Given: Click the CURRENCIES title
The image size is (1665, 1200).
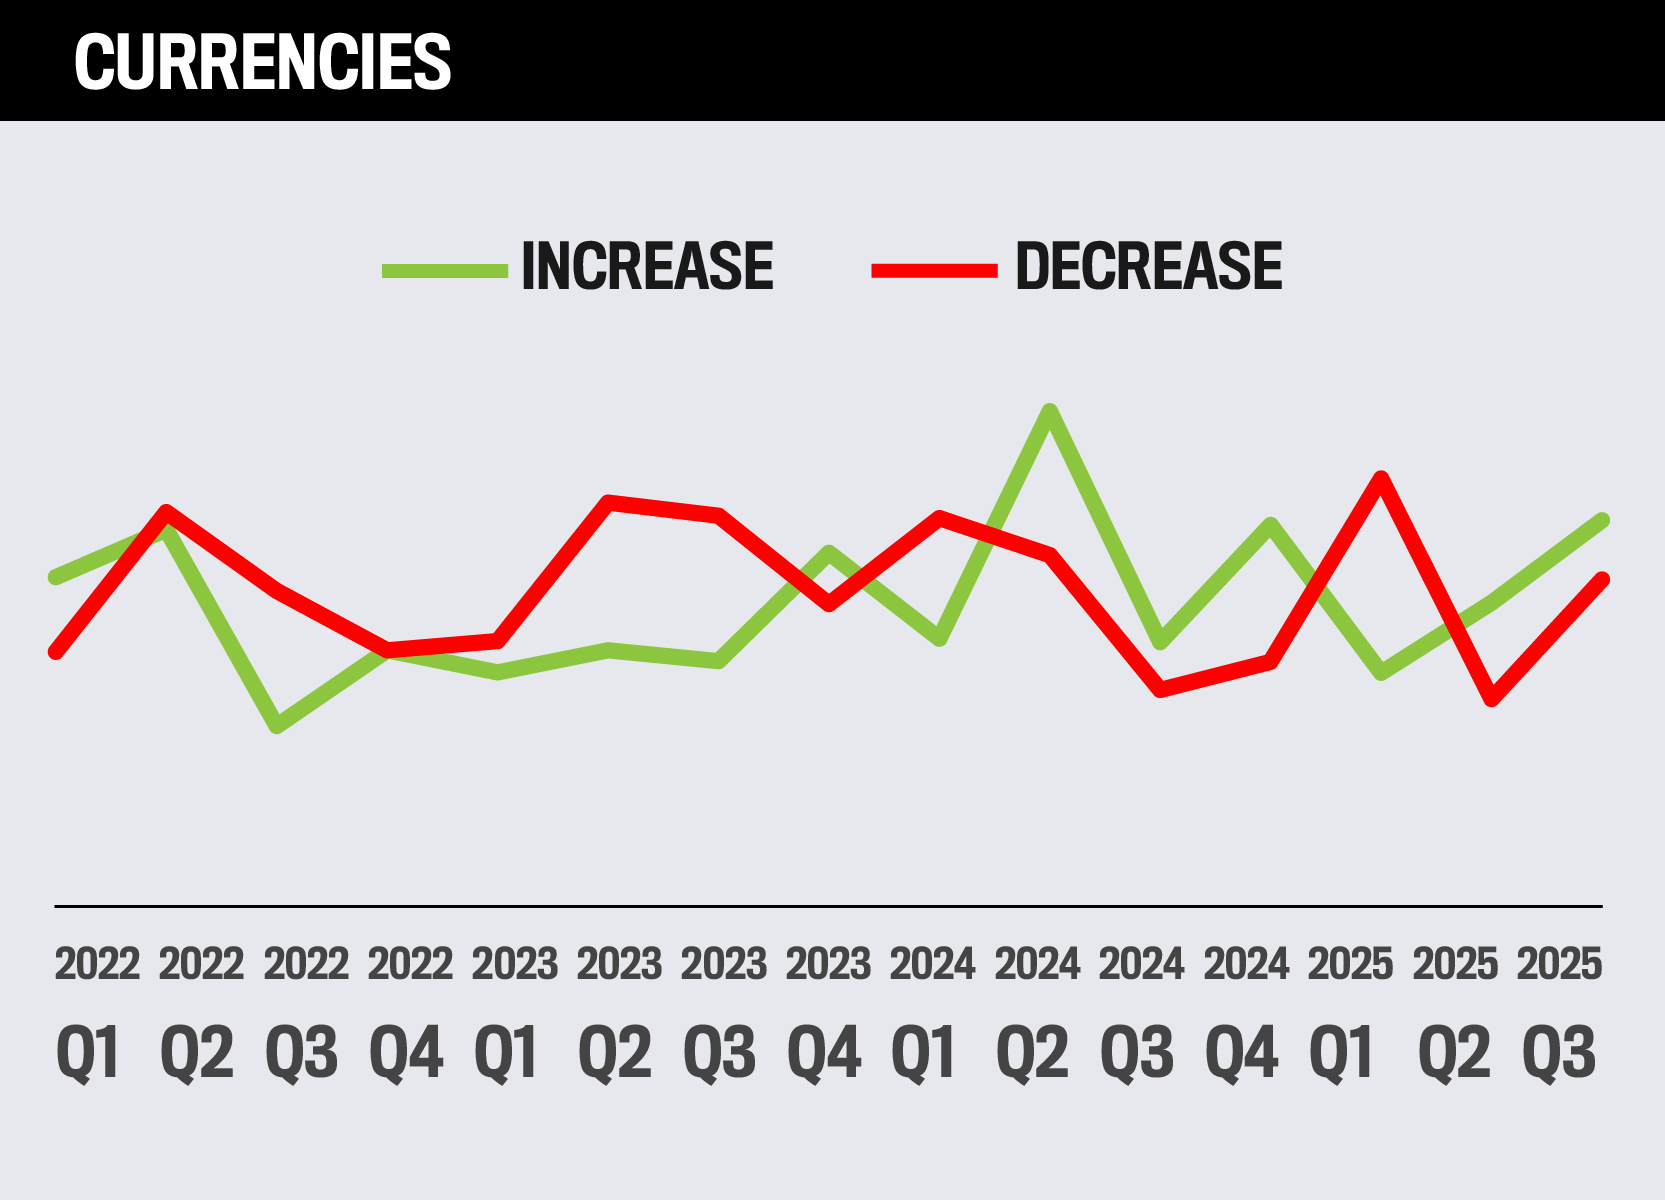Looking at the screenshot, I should [262, 62].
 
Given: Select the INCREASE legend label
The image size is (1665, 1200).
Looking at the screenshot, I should [647, 267].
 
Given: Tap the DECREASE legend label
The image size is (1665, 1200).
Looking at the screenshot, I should [1148, 267].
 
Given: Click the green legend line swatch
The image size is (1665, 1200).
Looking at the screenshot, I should [445, 270].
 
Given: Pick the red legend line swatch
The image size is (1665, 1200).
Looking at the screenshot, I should [934, 270].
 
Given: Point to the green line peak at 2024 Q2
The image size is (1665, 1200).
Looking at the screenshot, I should [1049, 410].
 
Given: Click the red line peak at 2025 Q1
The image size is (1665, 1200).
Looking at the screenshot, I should [1381, 477].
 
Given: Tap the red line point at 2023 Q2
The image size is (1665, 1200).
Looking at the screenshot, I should [608, 500].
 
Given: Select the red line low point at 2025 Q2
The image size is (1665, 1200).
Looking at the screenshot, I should [1492, 699].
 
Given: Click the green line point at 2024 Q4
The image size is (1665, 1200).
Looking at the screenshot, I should [1270, 524].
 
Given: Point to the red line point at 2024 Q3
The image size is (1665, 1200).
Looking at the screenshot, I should [1160, 689].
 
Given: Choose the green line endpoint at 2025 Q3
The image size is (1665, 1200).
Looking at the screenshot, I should [1602, 520].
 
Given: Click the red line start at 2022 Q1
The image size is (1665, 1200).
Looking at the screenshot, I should [57, 652].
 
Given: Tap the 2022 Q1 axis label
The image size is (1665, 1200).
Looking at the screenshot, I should [95, 1010].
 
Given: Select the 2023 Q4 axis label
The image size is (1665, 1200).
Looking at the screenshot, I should [826, 1010].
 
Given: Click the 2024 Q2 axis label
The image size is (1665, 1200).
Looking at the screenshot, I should [1035, 1010].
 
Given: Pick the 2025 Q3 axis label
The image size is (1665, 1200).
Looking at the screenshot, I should [1558, 1010].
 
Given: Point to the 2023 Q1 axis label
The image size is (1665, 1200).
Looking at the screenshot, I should [513, 1010].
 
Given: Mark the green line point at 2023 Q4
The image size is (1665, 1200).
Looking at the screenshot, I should [828, 552].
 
